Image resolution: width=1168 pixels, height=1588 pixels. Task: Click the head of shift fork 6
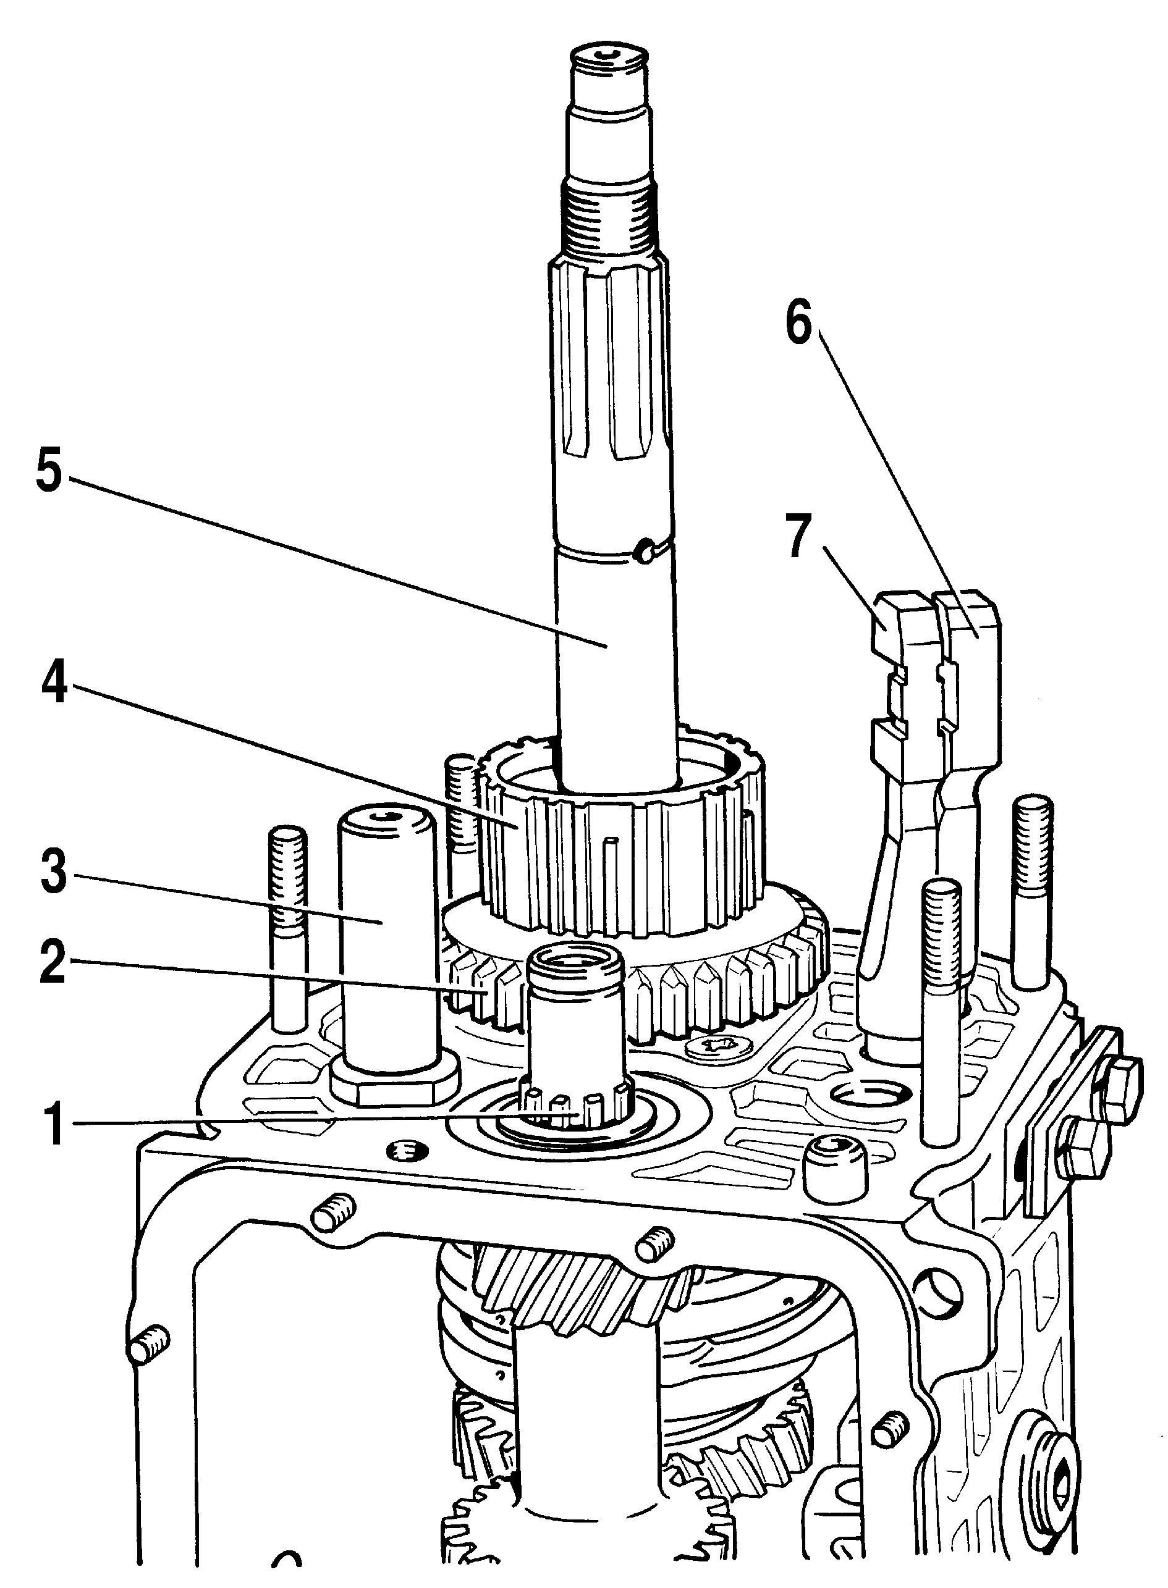968,615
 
